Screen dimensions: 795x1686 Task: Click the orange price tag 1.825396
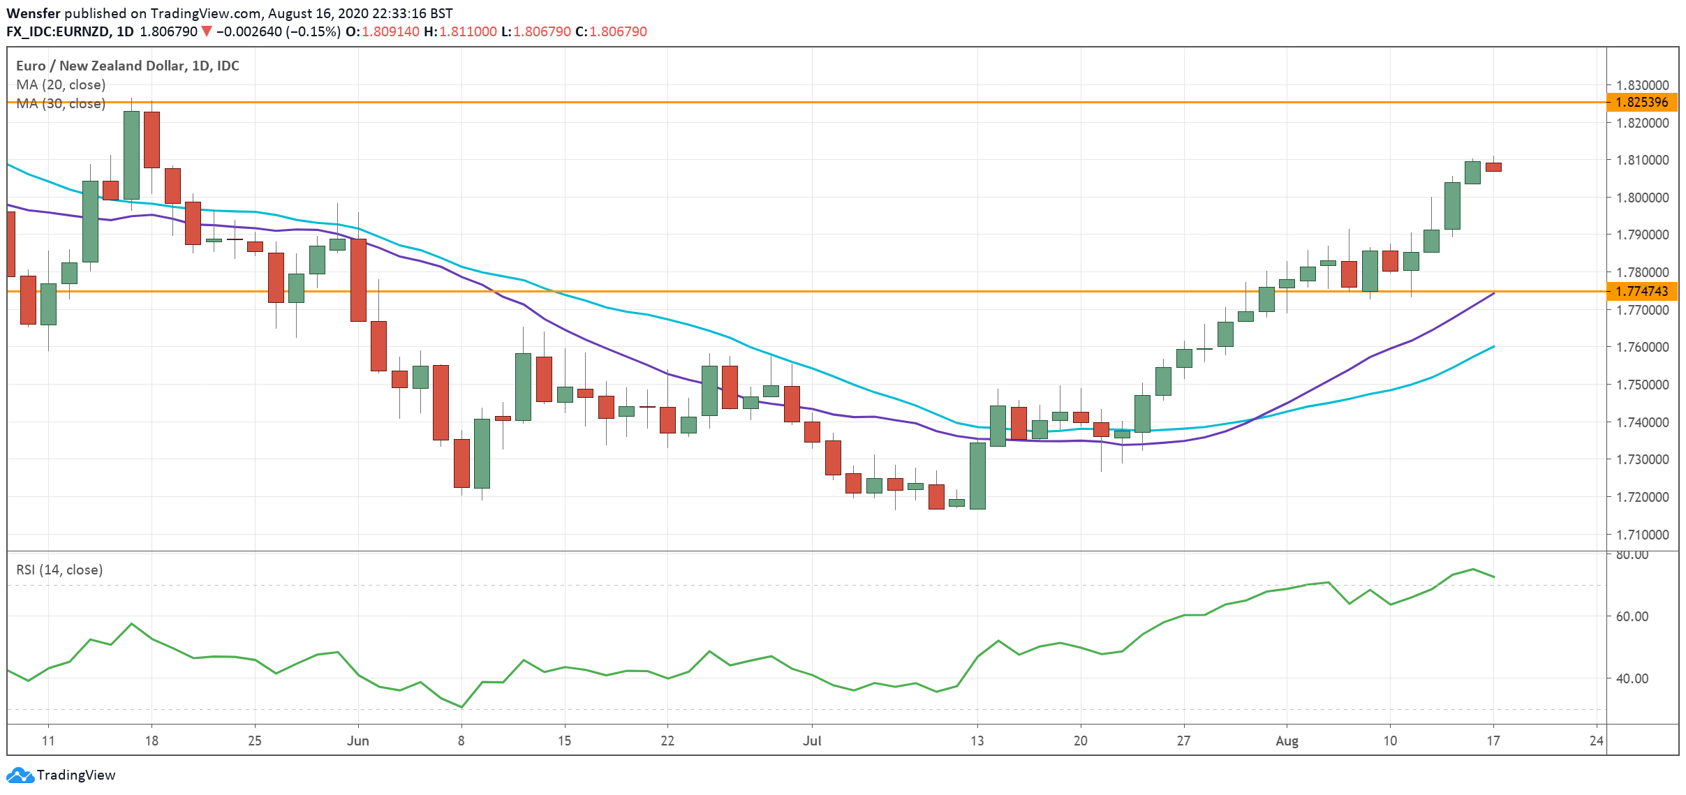click(x=1641, y=102)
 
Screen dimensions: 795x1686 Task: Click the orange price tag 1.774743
click(x=1641, y=291)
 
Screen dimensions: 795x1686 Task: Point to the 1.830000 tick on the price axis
click(x=1642, y=85)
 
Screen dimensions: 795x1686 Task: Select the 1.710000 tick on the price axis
click(x=1642, y=535)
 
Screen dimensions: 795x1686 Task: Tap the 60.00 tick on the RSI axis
click(x=1632, y=616)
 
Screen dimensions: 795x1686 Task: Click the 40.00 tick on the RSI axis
click(x=1632, y=678)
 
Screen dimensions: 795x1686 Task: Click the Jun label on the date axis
click(x=357, y=741)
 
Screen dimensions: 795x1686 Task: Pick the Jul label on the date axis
click(x=812, y=741)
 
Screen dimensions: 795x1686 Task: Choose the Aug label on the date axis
click(x=1287, y=741)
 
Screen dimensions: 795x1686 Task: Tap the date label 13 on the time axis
click(x=977, y=741)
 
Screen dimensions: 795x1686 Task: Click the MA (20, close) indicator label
click(x=61, y=84)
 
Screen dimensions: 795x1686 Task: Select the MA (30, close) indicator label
click(x=61, y=103)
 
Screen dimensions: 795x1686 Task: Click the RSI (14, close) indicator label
click(x=59, y=570)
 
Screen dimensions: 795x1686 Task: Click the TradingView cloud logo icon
click(x=20, y=775)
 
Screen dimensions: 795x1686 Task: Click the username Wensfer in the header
click(x=33, y=13)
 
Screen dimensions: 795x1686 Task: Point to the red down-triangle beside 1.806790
click(x=207, y=31)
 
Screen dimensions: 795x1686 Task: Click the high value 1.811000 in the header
click(x=468, y=31)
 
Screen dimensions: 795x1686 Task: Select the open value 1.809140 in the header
click(x=390, y=31)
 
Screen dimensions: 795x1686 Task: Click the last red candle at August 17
click(x=1493, y=167)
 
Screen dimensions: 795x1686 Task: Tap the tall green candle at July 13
click(x=977, y=475)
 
